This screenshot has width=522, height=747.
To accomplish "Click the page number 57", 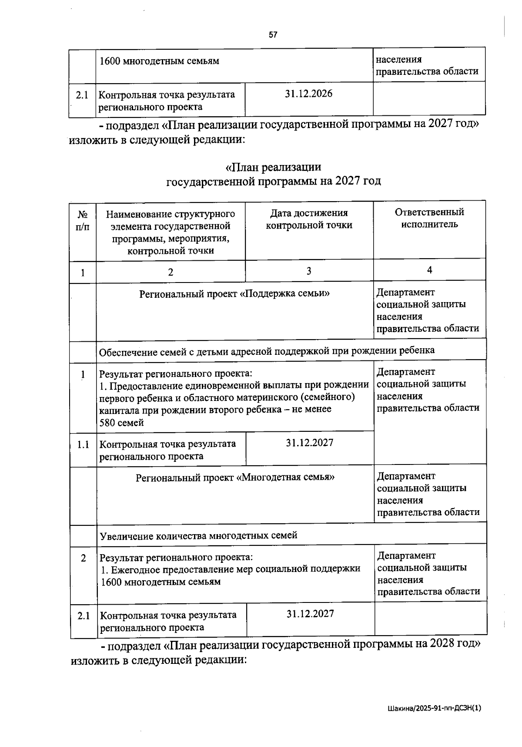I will click(x=273, y=35).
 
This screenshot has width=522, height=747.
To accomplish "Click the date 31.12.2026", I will click(x=308, y=94).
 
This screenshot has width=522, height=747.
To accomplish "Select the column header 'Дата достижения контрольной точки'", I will click(x=309, y=219).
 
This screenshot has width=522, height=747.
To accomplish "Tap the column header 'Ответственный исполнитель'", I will click(x=429, y=218).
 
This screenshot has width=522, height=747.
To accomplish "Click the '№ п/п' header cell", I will click(x=83, y=221).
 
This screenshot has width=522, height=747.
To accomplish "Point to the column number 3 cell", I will click(x=308, y=271).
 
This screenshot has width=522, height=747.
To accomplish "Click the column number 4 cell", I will click(x=429, y=270).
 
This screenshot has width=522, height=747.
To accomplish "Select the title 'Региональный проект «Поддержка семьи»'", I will click(x=234, y=293).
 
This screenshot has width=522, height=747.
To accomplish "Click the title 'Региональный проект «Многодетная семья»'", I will click(x=235, y=477).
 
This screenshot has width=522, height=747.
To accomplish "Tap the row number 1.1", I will click(x=84, y=444).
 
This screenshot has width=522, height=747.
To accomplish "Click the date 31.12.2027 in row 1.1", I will click(x=310, y=443).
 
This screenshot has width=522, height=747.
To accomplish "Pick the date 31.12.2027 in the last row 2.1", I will click(x=310, y=614).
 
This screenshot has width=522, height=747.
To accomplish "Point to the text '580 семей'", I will click(x=122, y=423).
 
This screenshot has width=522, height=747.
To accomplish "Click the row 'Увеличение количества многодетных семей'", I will click(x=198, y=535).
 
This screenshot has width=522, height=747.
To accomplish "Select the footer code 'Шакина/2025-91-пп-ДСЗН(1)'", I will click(x=434, y=708).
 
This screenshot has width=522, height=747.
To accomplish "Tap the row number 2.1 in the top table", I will click(x=82, y=95).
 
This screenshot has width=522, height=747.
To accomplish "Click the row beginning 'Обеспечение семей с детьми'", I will click(x=266, y=350).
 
